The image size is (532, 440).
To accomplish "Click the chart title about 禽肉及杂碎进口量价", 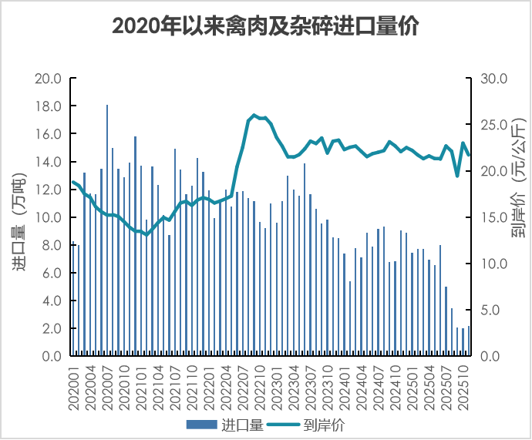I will pos(265,26).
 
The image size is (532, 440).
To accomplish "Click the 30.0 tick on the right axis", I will pos(493,79).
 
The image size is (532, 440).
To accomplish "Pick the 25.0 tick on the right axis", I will pos(493,125).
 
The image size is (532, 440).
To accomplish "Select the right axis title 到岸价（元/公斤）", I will pos(516,177).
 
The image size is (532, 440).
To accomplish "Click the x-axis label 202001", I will pos(75,386).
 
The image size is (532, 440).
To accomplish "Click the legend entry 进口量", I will pos(243,424).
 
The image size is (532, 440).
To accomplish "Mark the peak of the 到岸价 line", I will pos(254,115).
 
